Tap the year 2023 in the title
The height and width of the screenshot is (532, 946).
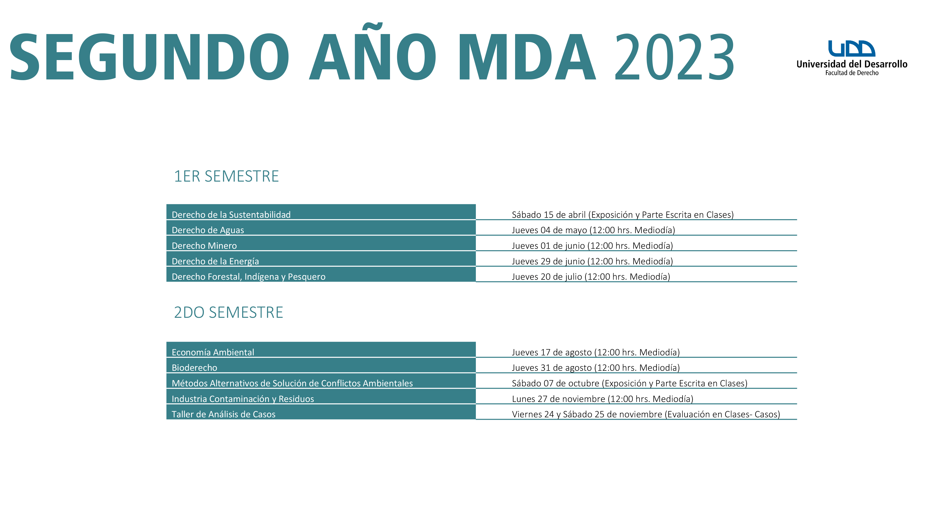click(674, 57)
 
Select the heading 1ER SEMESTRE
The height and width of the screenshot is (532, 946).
click(226, 176)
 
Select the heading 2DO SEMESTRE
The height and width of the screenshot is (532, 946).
click(228, 312)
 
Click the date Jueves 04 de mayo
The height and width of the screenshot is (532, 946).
click(549, 230)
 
